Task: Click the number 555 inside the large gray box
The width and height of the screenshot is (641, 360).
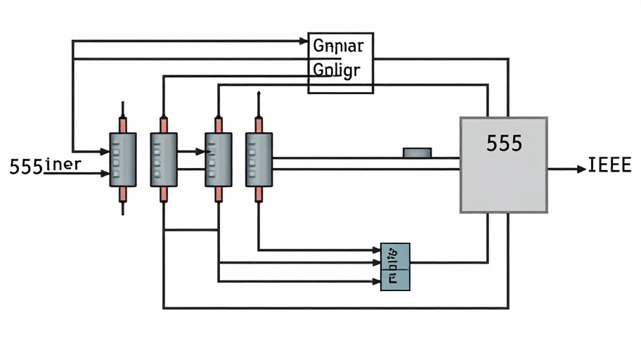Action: point(504,143)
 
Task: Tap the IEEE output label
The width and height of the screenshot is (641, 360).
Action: point(609,167)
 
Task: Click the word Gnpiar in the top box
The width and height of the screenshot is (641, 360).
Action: point(338,47)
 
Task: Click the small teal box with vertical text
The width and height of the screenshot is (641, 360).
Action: point(395,266)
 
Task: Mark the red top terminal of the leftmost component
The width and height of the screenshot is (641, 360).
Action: point(123,124)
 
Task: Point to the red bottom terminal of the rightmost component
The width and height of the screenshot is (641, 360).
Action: point(258,194)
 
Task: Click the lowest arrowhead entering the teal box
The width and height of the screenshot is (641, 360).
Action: point(376,282)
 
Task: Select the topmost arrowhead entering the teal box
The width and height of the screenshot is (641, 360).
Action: point(376,250)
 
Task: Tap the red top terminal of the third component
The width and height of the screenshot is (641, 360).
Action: point(218,124)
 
